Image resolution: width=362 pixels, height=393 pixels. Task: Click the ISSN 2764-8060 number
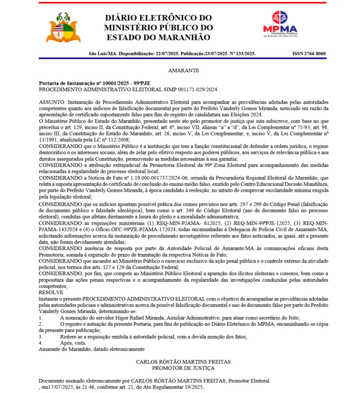[x=309, y=54]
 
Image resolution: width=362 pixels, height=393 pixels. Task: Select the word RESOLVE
[x=51, y=292]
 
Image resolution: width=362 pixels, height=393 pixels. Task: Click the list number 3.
[x=41, y=337]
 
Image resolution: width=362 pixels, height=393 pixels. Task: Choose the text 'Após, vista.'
[x=73, y=343]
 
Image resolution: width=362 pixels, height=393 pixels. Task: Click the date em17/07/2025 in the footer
[x=55, y=387]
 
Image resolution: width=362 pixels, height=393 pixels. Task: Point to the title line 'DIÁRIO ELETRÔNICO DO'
[x=158, y=18]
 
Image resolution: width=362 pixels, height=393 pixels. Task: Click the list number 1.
[x=41, y=318]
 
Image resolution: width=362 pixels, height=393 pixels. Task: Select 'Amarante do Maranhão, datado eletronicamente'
[x=91, y=349]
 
